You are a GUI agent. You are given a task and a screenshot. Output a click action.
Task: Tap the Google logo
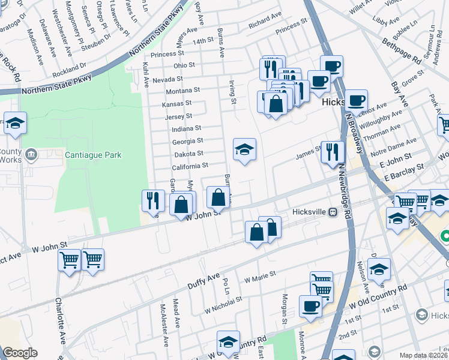[x=20, y=353]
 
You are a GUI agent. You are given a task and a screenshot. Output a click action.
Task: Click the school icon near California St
[x=244, y=149]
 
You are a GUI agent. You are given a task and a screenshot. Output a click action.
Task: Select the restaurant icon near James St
[x=331, y=152]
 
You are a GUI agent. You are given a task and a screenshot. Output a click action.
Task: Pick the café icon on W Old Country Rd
[x=310, y=306]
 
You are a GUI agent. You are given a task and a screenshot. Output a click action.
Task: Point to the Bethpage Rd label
[x=401, y=52]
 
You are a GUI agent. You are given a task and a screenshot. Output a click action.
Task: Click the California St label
[x=191, y=166]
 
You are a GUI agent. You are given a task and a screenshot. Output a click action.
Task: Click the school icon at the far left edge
[x=15, y=123]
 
